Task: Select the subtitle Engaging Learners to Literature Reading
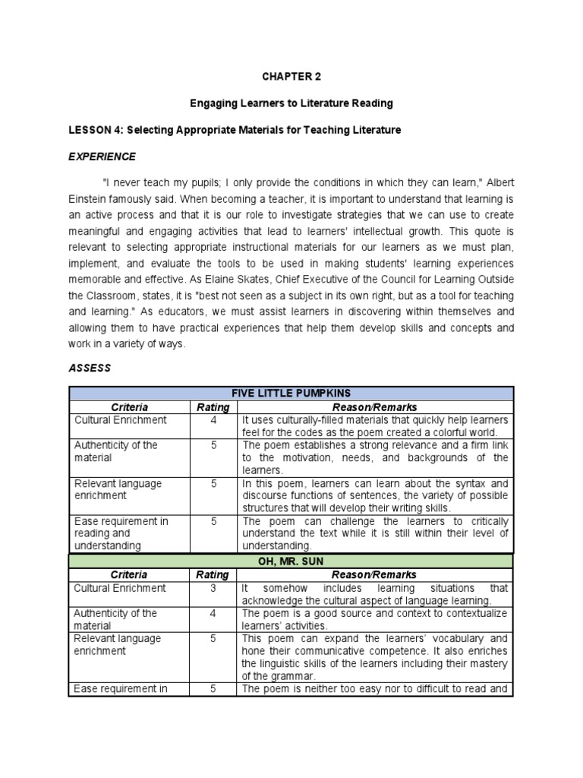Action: click(x=291, y=103)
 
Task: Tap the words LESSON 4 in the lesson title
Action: click(x=94, y=130)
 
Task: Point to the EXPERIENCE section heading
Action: click(x=102, y=157)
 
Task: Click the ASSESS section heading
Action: click(x=90, y=368)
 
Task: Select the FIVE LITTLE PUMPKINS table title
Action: click(x=291, y=393)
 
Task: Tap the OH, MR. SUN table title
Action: click(x=291, y=561)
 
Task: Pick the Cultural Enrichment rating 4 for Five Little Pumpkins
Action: click(x=213, y=420)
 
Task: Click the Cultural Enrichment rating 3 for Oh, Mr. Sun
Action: click(x=213, y=588)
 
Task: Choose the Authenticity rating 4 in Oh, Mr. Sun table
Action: click(x=213, y=613)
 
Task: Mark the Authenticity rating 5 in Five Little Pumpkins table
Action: click(x=213, y=445)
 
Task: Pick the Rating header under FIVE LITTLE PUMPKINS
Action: click(x=213, y=407)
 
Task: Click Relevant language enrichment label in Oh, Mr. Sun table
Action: click(x=117, y=645)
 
